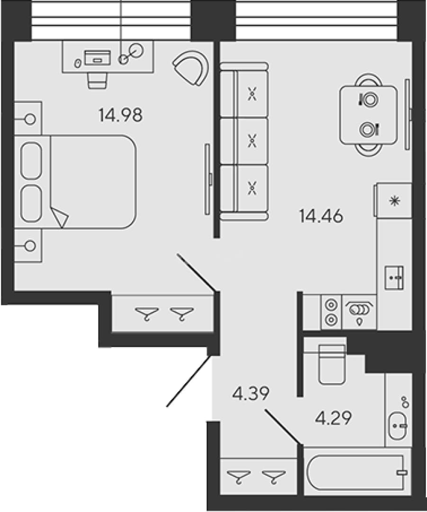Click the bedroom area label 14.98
point(120,115)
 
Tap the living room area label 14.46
point(321,216)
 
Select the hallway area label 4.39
point(251,393)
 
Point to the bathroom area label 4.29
point(333,418)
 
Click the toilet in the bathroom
point(332,365)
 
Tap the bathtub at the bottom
point(357,472)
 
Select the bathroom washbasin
point(398,426)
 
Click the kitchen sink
point(394,277)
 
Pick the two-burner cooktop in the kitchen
point(331,312)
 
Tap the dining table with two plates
point(368,115)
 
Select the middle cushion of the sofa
point(252,141)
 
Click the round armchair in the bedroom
point(191,68)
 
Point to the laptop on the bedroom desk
point(97,57)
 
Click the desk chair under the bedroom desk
point(97,80)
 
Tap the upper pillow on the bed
point(31,160)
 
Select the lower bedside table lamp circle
point(30,246)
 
